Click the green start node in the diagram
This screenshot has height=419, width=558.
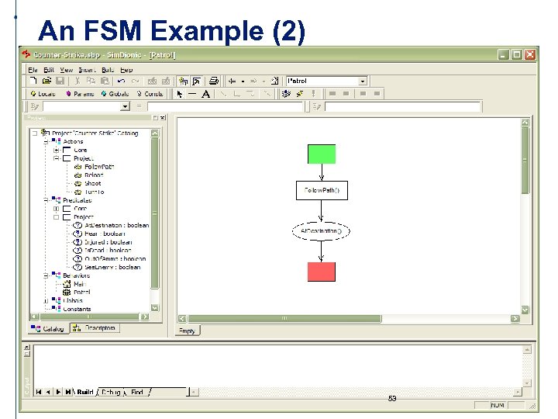[322, 154]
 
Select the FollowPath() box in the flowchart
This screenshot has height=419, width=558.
[322, 190]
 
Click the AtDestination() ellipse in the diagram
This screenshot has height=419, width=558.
[321, 231]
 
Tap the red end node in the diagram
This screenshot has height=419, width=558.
[322, 272]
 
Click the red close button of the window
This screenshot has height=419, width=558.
[530, 55]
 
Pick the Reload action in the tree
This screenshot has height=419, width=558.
[94, 175]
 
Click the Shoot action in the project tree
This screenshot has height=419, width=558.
[92, 184]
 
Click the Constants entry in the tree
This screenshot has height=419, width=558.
[77, 309]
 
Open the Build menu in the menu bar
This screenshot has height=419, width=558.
[108, 70]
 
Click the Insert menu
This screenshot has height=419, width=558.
[88, 70]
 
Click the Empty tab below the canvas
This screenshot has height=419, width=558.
[188, 331]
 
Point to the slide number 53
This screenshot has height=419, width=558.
[392, 399]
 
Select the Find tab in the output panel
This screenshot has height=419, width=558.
[136, 393]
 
